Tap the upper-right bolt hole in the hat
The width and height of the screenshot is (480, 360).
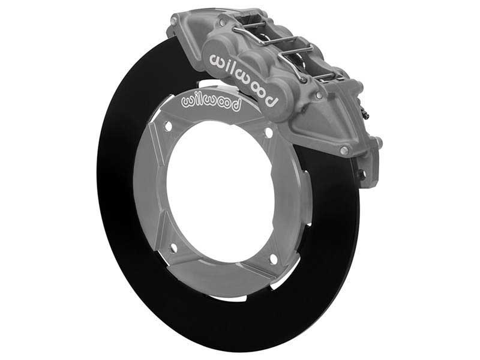point(268,133)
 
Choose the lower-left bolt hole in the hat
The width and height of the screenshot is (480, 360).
point(174,247)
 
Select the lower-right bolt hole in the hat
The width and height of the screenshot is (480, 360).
point(274,259)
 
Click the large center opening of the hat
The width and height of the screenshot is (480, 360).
point(220,192)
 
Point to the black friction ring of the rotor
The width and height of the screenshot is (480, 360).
point(129,240)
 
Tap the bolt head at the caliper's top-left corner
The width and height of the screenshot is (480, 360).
point(174,22)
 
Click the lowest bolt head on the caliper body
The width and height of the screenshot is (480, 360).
point(344,151)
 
